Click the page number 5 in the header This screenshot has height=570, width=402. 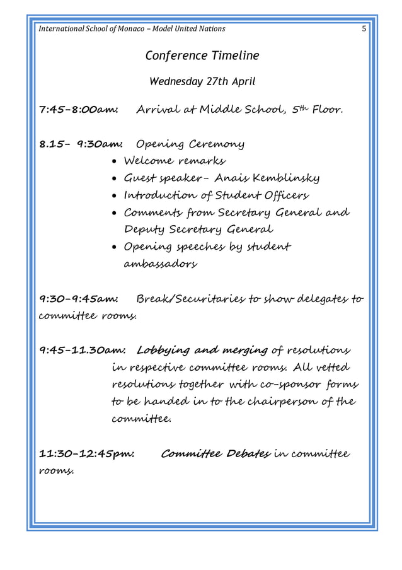[364, 28]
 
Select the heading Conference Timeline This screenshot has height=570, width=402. [202, 55]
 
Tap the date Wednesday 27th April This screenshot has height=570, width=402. [202, 82]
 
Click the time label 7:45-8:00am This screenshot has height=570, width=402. [79, 111]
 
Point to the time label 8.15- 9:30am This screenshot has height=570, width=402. [81, 144]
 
